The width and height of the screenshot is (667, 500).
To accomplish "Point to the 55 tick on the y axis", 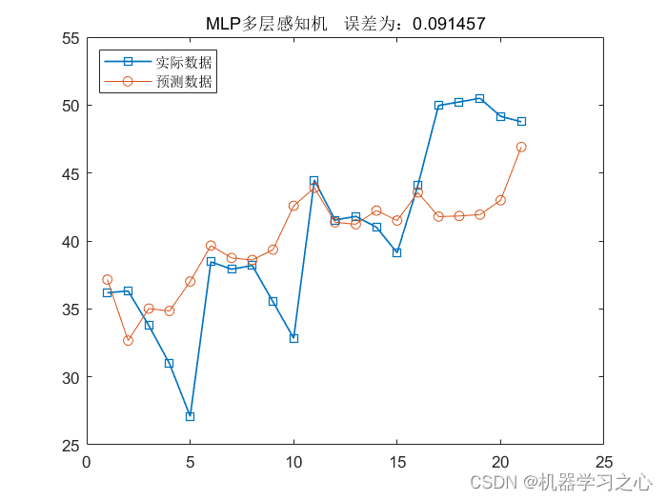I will [x=71, y=38].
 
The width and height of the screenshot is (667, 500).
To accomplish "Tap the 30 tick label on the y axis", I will [x=71, y=377].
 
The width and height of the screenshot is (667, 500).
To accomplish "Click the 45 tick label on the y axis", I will [x=71, y=173].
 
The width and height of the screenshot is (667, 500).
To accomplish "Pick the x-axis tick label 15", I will [x=396, y=463].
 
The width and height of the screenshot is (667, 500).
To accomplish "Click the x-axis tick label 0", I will [x=87, y=463].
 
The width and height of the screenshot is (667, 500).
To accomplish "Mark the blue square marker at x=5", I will [x=190, y=416].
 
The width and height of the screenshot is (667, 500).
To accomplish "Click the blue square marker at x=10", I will [x=293, y=338].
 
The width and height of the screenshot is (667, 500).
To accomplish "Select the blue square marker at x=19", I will [x=479, y=98].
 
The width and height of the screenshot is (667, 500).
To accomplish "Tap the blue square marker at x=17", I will [x=438, y=106].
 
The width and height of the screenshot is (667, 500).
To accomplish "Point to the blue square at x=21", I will [x=521, y=121].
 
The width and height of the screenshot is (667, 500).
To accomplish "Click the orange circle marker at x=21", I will [x=521, y=147].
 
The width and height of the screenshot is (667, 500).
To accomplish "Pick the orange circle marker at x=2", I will [x=128, y=340].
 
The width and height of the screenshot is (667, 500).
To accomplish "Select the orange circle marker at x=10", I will [x=293, y=206].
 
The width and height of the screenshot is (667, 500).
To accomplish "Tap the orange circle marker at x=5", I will [x=190, y=281].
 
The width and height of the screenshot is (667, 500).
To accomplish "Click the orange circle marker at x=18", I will [x=459, y=215].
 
